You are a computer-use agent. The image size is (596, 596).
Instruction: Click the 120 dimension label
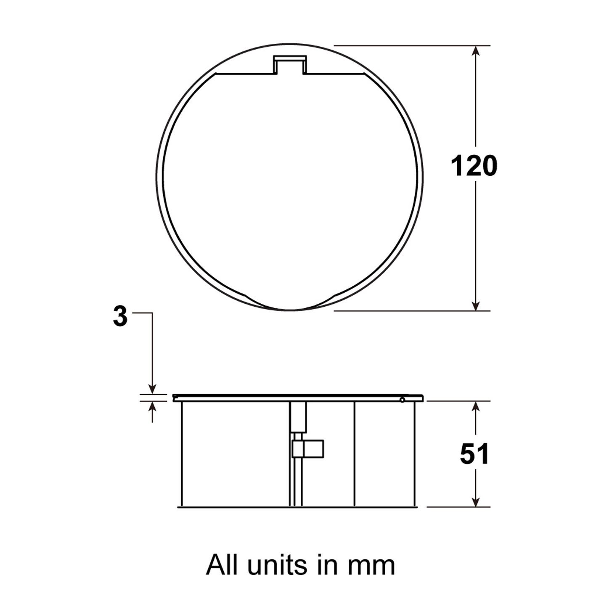click(x=474, y=166)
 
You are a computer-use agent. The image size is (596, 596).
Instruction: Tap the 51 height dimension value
click(x=474, y=454)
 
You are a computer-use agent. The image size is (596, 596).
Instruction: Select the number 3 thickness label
click(x=120, y=316)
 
